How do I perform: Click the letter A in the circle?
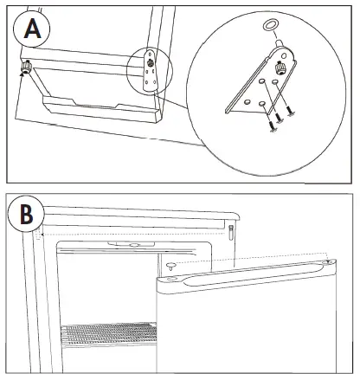[32, 29]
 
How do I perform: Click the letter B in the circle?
[27, 215]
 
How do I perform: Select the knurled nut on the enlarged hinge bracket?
[280, 68]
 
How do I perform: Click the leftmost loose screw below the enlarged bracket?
[272, 126]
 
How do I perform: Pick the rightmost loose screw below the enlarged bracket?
[290, 111]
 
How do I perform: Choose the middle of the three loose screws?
[279, 118]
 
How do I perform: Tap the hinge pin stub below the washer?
[280, 43]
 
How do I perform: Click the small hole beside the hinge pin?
[284, 55]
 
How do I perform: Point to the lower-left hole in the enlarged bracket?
[247, 101]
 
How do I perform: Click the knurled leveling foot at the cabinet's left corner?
[27, 68]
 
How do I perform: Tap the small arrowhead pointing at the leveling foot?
[21, 74]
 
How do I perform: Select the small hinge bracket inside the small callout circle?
[150, 70]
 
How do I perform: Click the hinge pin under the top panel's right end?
[231, 232]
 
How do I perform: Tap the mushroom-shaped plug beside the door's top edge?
[171, 266]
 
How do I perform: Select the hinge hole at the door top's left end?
[170, 279]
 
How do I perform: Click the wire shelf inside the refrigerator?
[109, 334]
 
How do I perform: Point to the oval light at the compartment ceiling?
[134, 245]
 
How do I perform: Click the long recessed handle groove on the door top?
[254, 274]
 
